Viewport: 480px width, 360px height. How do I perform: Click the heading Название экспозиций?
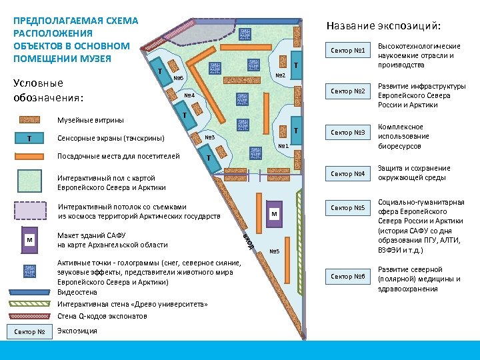click(383, 26)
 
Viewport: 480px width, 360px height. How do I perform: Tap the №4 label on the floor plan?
click(189, 95)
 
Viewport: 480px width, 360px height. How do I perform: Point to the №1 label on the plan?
click(283, 147)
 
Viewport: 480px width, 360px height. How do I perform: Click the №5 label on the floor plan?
click(274, 251)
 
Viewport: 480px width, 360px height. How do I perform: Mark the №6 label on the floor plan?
click(178, 78)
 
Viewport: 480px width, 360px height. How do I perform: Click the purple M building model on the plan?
click(273, 213)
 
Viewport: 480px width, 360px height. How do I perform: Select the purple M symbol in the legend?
click(29, 240)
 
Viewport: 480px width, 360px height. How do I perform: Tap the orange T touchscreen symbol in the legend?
click(29, 139)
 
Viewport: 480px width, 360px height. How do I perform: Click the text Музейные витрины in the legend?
click(91, 120)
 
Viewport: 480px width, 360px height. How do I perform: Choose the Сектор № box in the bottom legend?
click(29, 331)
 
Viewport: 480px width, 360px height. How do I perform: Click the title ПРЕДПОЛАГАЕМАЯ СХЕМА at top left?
click(75, 21)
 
